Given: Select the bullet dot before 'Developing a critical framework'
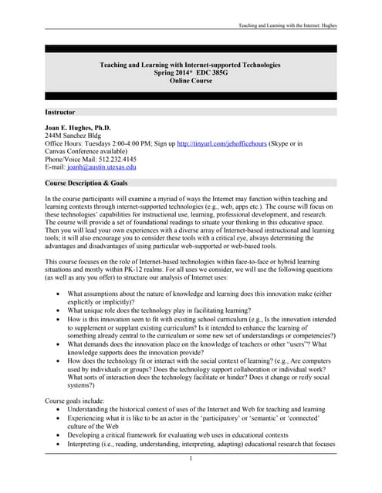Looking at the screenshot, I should [x=59, y=434].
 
